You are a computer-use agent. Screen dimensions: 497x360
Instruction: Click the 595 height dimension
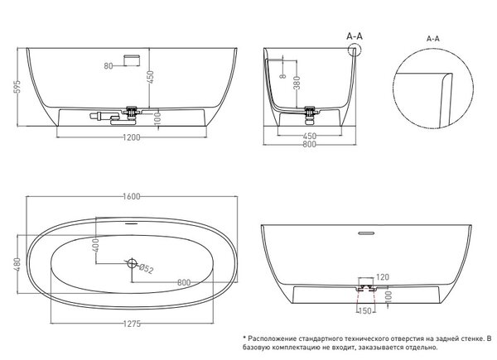pos(18,86)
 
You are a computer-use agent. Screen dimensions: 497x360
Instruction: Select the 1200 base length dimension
pos(131,137)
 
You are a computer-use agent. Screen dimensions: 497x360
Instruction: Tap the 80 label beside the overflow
pos(108,66)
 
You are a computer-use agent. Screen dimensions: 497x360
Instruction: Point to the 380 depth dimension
pos(297,83)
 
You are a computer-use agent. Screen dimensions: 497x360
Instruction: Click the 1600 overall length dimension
pos(131,196)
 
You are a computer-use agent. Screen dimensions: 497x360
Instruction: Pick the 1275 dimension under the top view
pos(132,324)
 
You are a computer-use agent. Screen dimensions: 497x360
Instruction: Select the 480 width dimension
pos(17,264)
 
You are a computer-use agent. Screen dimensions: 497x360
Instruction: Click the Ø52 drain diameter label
pos(146,269)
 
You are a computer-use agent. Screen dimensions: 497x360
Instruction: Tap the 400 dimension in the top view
pos(96,245)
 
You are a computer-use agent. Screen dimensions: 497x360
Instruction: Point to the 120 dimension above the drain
pos(382,277)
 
